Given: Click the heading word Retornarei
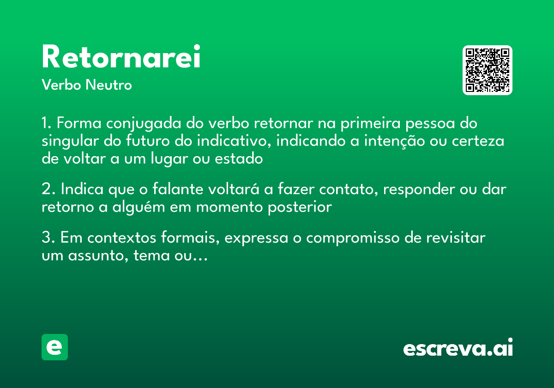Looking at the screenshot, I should (121, 57).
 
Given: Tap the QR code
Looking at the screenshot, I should (488, 70).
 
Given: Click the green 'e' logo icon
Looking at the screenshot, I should (54, 347).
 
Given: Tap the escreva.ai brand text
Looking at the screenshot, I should (458, 348).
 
